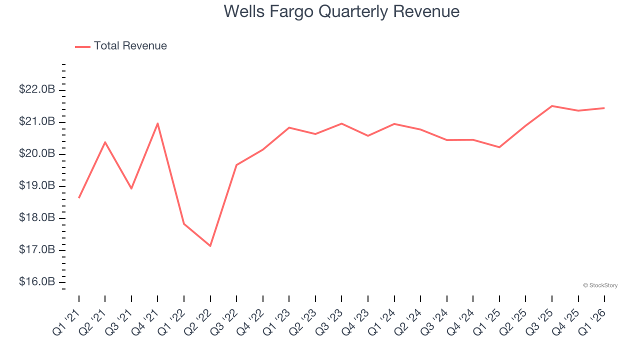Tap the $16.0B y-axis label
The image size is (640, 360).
37,282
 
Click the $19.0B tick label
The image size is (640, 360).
37,186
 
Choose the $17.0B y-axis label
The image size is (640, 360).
37,250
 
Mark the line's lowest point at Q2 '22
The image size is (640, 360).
210,246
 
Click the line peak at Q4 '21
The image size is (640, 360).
157,123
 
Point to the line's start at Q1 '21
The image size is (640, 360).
79,198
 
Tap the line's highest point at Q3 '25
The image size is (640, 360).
552,106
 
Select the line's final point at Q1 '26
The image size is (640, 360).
604,108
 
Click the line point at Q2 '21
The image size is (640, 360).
105,142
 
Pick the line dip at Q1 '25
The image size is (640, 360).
499,147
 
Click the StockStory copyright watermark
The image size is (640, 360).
600,285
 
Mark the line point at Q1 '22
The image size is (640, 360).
184,224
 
